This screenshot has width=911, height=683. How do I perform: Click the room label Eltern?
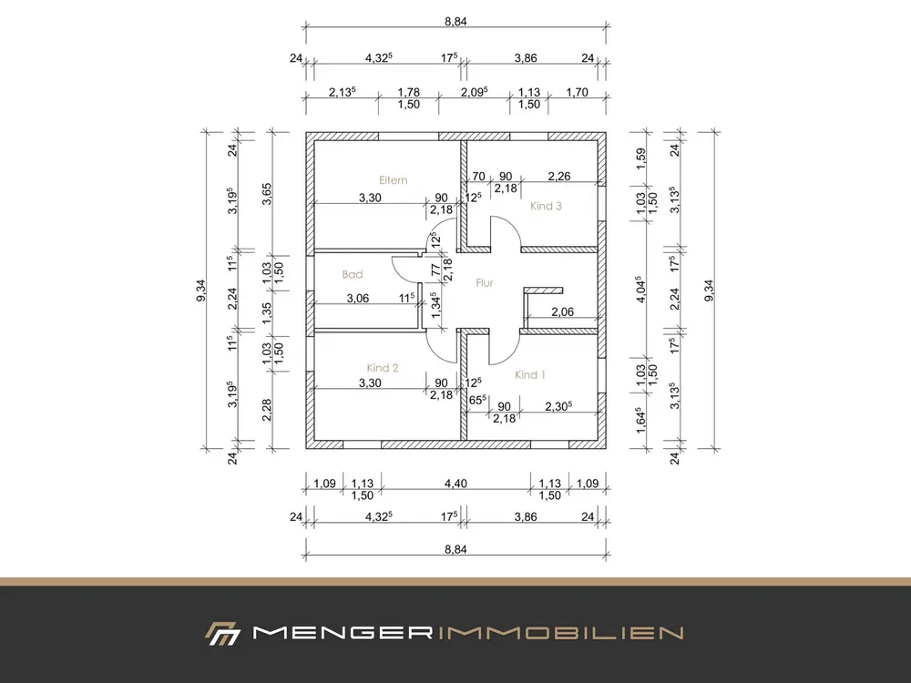(x=394, y=180)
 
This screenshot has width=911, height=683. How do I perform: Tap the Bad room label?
(x=352, y=274)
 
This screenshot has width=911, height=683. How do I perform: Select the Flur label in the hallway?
(x=485, y=283)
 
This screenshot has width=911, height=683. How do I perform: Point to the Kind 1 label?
(x=530, y=374)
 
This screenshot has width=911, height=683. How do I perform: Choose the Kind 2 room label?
(x=383, y=368)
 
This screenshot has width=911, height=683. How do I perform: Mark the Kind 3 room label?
(x=546, y=206)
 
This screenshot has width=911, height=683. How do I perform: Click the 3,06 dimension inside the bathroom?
(x=358, y=298)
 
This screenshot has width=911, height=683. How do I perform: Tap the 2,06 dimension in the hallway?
(x=562, y=311)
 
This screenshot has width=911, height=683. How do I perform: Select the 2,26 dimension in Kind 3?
(x=559, y=176)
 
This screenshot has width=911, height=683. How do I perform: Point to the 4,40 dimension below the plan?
(x=455, y=483)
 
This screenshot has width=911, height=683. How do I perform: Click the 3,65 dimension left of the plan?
(x=267, y=194)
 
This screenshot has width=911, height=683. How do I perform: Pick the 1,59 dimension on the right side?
(x=640, y=159)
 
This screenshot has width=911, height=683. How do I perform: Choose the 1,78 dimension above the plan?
(x=408, y=92)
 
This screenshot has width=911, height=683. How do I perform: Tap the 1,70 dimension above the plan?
(x=577, y=92)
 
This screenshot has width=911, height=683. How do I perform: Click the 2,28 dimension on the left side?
(x=267, y=410)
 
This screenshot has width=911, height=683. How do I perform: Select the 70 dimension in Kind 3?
(x=479, y=176)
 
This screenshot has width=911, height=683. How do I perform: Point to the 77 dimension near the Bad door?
(x=435, y=270)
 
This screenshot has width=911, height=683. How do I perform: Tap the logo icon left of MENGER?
(x=222, y=634)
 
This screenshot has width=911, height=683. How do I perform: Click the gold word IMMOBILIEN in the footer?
(x=558, y=633)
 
